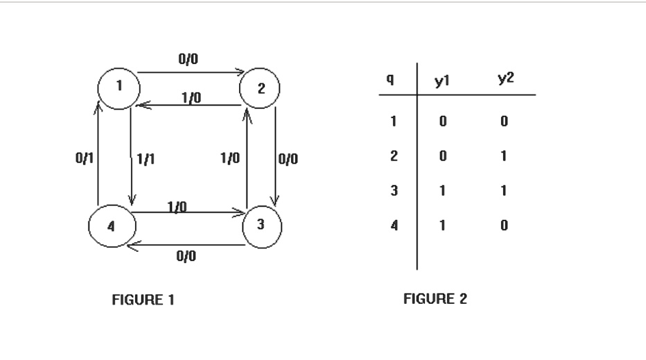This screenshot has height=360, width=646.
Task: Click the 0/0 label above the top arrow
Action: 189,59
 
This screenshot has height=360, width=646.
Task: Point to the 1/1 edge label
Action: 146,159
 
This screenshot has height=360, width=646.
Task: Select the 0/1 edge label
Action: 85,157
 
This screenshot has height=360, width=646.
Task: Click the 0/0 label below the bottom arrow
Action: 186,256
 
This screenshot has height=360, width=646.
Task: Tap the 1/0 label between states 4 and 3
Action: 177,206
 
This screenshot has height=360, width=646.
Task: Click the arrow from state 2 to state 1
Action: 189,105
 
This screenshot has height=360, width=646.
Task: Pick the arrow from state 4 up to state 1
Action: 98,154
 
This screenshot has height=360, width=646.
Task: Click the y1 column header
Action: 442,80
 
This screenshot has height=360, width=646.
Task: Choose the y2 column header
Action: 506,78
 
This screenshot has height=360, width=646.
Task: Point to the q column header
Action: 390,79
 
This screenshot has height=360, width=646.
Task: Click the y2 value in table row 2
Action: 503,156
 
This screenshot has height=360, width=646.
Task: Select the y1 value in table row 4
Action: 442,225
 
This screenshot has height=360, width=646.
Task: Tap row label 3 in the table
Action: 394,191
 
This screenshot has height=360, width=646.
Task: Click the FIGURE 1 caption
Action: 143,300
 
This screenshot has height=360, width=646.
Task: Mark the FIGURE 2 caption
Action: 435,298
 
